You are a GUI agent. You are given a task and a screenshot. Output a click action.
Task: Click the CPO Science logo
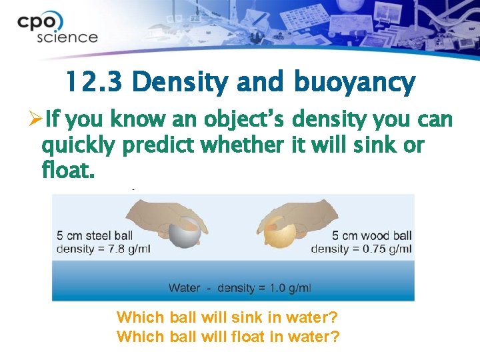[x=57, y=29]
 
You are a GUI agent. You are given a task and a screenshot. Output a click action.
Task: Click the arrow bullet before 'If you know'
[x=37, y=121]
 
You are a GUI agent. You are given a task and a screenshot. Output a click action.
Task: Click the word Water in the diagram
[x=185, y=288]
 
